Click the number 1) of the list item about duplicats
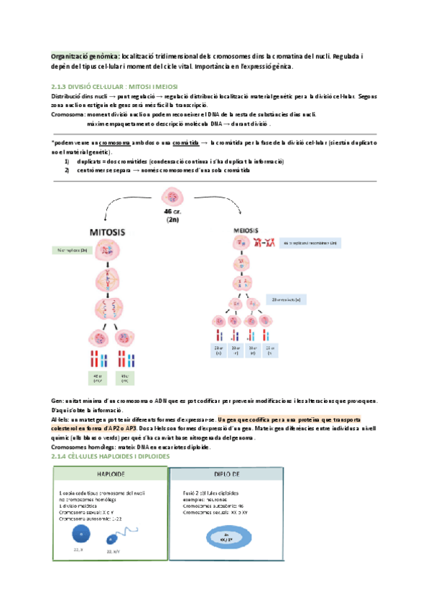(67, 162)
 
